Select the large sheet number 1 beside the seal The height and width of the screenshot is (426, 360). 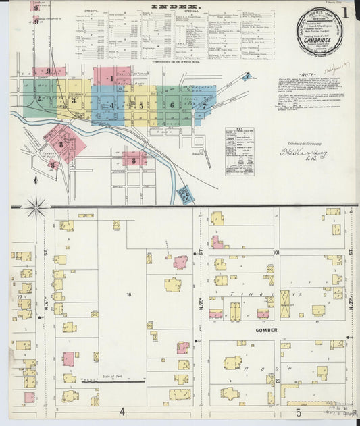click(344, 11)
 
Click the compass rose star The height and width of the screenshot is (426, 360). click(36, 207)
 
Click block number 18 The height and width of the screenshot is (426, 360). click(127, 294)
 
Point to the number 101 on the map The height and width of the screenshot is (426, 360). click(276, 252)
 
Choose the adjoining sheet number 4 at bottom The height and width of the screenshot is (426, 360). click(122, 411)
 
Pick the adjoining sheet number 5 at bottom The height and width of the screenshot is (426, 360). click(297, 411)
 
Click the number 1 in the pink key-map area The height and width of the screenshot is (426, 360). click(111, 79)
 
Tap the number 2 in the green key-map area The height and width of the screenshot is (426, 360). click(38, 99)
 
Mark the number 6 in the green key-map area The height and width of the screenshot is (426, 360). click(172, 105)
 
